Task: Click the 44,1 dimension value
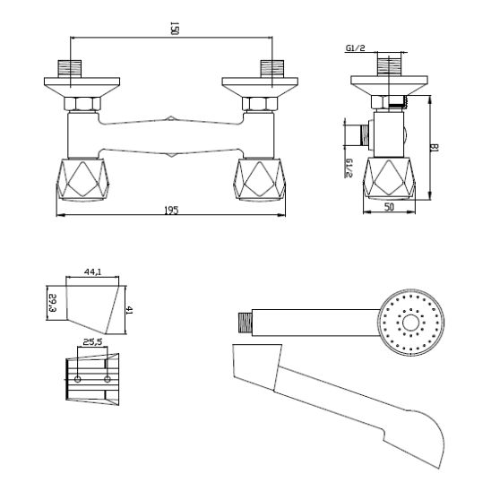click(92, 270)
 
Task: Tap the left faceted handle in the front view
click(85, 179)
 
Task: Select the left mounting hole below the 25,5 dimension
click(80, 380)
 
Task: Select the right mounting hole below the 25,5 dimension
click(107, 380)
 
